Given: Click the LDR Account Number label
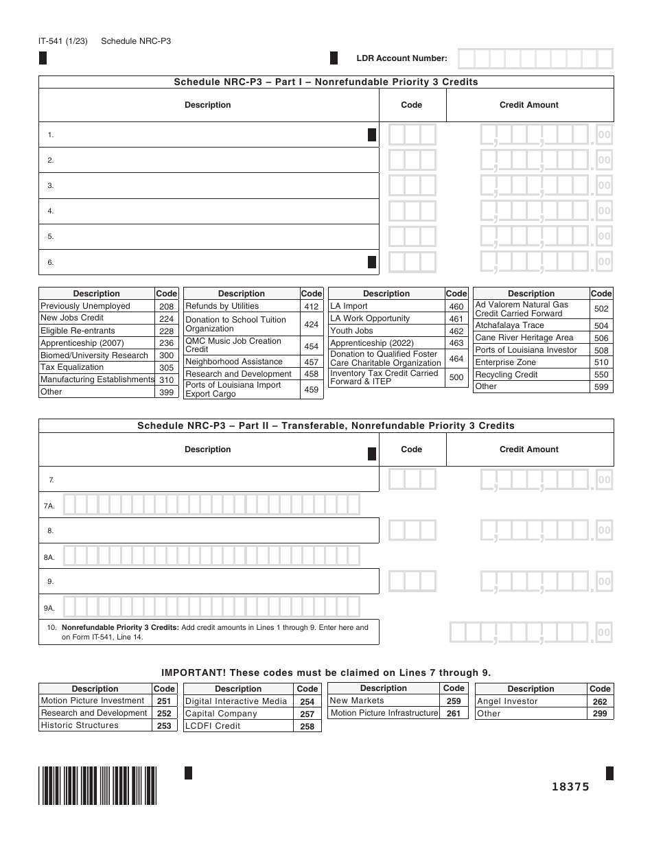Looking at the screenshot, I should point(401,58).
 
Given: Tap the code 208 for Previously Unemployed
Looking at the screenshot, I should point(166,306).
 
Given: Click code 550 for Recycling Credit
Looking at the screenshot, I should point(601,375).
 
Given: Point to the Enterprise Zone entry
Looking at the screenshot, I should point(505,362).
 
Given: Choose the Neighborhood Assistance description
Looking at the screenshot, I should point(233,362).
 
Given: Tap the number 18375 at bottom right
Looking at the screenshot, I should point(570,787).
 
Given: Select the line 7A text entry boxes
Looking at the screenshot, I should point(212,505).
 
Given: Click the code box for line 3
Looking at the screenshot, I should point(412,185).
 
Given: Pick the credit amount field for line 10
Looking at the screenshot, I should point(530,632).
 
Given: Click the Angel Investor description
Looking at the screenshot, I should point(507,701).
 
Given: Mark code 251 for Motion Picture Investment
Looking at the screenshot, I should point(164,701).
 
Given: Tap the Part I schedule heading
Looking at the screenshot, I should point(326,82).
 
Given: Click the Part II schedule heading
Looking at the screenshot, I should point(326,426).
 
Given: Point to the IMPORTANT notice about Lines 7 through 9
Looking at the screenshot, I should point(326,672).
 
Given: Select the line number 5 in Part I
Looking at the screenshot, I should point(51,237).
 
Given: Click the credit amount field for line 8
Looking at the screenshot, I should point(545,530).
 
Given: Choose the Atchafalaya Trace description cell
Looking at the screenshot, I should point(509,325).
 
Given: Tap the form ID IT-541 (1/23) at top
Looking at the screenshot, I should point(63,41).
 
